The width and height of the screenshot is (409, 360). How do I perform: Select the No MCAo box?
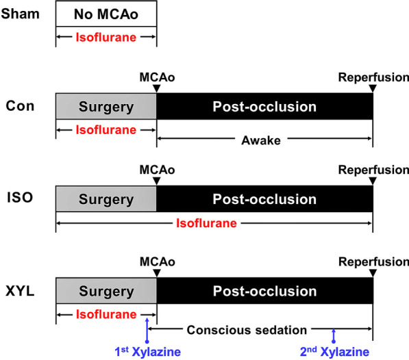point(106,14)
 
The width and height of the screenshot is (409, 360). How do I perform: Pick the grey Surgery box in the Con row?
point(106,107)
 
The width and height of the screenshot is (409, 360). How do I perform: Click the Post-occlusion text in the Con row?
point(264,107)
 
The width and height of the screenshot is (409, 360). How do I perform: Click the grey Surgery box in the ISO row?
point(106,199)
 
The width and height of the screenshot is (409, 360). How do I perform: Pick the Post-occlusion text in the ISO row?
point(264,199)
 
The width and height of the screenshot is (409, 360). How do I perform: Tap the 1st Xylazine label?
point(147,351)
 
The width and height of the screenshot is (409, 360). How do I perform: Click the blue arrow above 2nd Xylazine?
point(334,335)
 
